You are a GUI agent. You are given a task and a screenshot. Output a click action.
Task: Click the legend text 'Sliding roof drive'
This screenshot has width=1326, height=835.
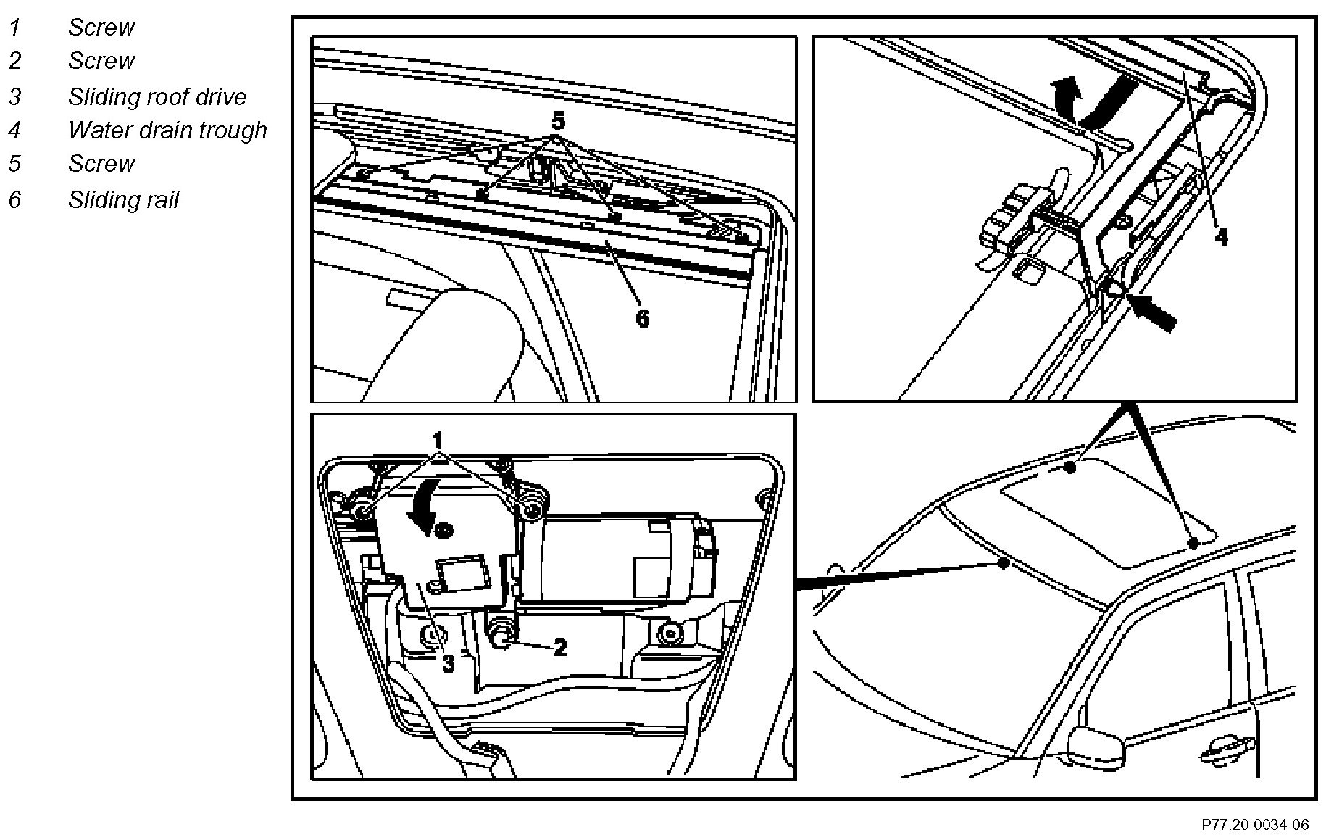[157, 96]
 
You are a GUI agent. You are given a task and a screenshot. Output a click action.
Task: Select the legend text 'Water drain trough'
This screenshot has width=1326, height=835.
[167, 130]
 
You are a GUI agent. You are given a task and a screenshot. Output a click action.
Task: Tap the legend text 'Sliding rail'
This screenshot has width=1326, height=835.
[123, 199]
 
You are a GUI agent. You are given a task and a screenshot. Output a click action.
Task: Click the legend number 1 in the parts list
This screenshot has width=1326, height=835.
[15, 28]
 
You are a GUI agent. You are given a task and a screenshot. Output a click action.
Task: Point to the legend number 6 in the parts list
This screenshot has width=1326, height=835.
[15, 199]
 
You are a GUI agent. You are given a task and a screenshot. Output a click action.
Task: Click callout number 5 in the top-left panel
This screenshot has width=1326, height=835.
[557, 120]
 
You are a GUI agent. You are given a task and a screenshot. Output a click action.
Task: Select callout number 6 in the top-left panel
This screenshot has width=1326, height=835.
[643, 317]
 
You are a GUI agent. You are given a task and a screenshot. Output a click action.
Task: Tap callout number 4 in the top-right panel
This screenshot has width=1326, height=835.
[1221, 237]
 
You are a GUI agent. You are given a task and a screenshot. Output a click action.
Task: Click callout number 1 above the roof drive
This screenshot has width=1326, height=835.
[438, 441]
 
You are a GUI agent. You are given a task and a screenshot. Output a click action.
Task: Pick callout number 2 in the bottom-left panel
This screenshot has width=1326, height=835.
[559, 647]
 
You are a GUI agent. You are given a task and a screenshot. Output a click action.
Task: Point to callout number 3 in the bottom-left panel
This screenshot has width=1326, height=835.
[449, 662]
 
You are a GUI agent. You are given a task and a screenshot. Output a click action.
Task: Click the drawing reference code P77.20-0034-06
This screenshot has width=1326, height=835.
[1256, 825]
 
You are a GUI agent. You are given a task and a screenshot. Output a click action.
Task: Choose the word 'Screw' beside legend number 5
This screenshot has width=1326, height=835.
[101, 164]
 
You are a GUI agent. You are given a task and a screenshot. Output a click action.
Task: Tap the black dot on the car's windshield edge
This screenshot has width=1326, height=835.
[1004, 563]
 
